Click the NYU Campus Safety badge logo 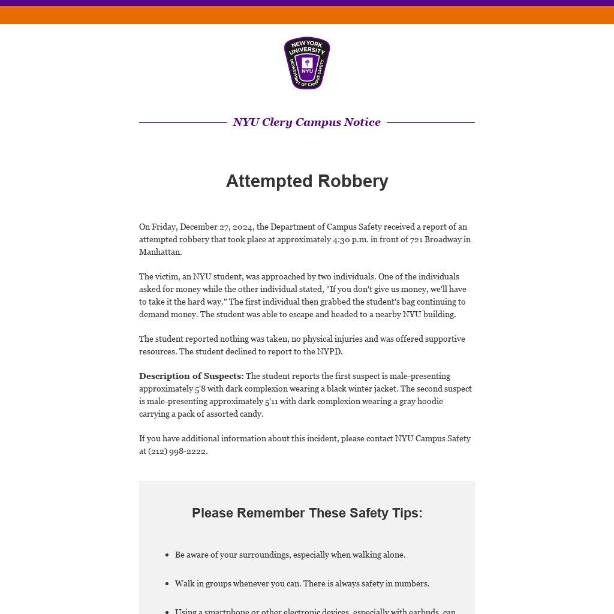307,63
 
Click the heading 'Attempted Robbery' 307,181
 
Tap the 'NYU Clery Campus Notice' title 307,122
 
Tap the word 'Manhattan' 159,252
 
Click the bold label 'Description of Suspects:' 191,376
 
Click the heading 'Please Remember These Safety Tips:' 307,513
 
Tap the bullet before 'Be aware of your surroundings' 167,555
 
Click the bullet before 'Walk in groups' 167,584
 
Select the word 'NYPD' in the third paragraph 329,351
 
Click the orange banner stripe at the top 307,15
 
